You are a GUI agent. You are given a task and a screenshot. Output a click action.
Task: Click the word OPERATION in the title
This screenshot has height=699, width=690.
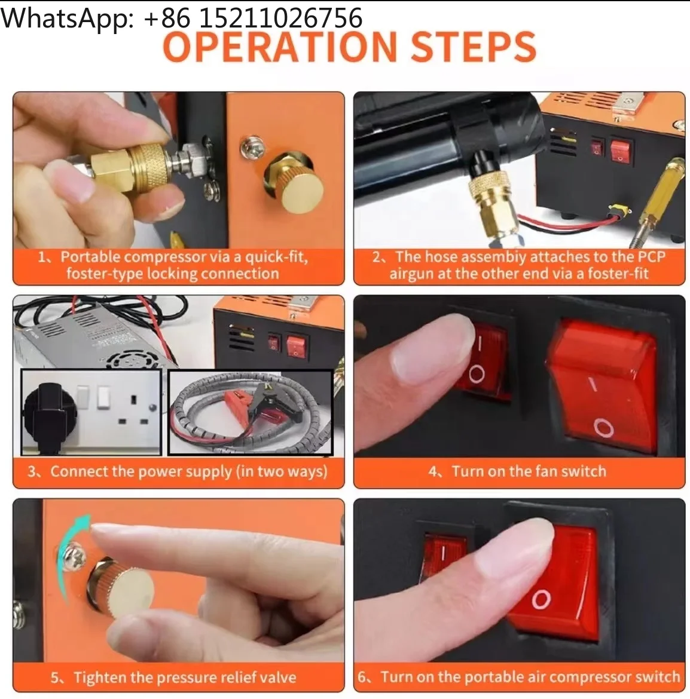pos(280,47)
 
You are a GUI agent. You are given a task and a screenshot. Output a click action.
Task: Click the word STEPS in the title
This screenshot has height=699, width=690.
pos(473,47)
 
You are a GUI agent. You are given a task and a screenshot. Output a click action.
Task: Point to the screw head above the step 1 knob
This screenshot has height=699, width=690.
pos(252,148)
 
